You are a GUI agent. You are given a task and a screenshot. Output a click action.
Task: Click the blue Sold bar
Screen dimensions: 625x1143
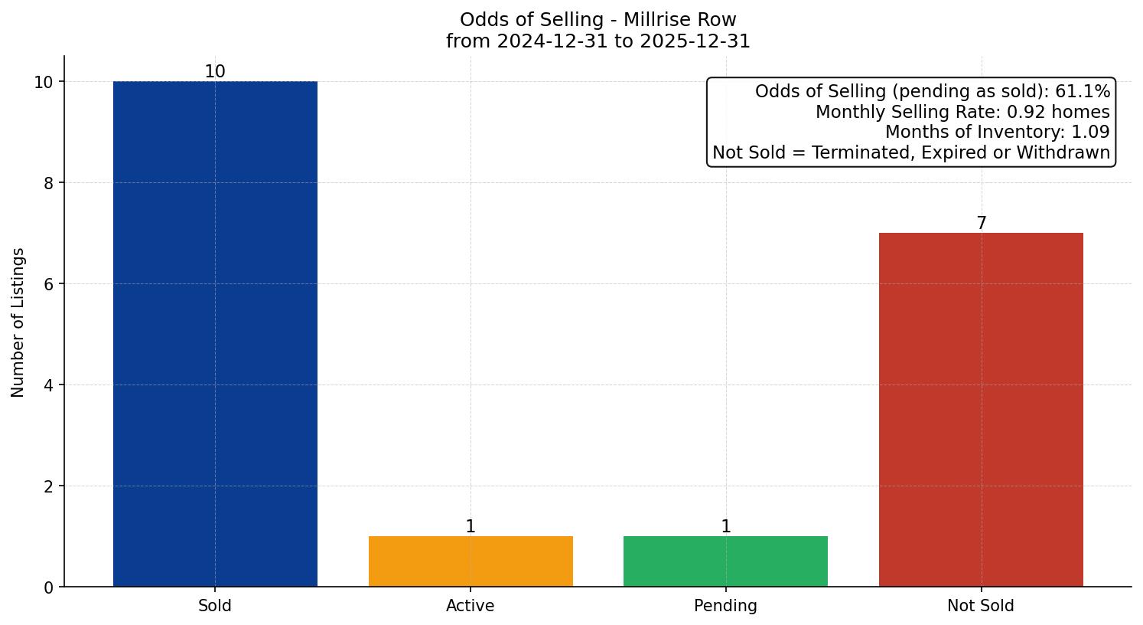pyautogui.click(x=215, y=334)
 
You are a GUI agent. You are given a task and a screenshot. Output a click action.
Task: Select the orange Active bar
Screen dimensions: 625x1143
pyautogui.click(x=471, y=561)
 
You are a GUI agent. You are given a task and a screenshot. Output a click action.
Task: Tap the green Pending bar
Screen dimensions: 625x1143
pyautogui.click(x=725, y=561)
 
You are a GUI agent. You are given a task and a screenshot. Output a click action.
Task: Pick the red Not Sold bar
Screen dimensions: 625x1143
pyautogui.click(x=981, y=410)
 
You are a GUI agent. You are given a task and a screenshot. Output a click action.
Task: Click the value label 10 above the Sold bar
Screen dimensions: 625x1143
pyautogui.click(x=215, y=72)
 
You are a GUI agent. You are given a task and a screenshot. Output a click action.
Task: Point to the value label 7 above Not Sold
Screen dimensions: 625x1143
pyautogui.click(x=981, y=224)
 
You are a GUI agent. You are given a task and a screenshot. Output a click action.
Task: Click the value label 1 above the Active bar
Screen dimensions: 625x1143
pyautogui.click(x=471, y=527)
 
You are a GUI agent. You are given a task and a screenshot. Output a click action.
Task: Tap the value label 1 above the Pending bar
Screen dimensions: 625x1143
pyautogui.click(x=725, y=527)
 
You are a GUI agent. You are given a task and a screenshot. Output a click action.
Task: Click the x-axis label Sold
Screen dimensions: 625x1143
pyautogui.click(x=215, y=606)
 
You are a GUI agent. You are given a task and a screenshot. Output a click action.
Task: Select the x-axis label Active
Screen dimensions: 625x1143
pyautogui.click(x=471, y=606)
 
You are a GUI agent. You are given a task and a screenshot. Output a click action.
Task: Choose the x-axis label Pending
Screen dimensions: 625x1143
pyautogui.click(x=725, y=606)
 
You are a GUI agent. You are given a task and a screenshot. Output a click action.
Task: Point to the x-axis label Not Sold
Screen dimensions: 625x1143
pyautogui.click(x=981, y=606)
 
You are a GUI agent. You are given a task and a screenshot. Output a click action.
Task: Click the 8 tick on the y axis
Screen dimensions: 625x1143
pyautogui.click(x=48, y=183)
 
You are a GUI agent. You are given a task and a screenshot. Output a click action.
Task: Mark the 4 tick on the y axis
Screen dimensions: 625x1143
pyautogui.click(x=48, y=385)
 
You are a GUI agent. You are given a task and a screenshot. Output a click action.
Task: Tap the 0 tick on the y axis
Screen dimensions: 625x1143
pyautogui.click(x=48, y=587)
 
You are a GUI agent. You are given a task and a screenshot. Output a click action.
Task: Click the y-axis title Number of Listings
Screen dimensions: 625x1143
pyautogui.click(x=18, y=322)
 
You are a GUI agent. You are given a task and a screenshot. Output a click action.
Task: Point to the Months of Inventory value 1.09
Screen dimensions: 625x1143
pyautogui.click(x=1089, y=133)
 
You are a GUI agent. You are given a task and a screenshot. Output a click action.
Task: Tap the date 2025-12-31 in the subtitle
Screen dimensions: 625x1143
pyautogui.click(x=695, y=41)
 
